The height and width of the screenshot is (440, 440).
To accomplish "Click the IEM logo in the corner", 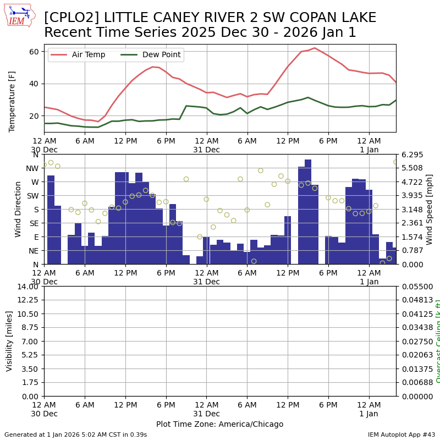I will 19,15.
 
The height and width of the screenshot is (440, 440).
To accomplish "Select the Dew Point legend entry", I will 157,55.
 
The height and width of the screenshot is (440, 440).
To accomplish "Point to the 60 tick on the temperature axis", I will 34,52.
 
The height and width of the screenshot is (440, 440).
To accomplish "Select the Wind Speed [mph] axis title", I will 430,209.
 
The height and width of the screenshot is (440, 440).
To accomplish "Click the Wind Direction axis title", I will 18,209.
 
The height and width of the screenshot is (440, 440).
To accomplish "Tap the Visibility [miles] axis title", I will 9,341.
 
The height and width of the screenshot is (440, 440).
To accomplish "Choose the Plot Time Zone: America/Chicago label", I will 219,424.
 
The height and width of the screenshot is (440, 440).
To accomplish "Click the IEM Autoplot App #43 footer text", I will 402,435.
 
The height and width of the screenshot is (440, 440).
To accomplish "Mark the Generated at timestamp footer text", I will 75,435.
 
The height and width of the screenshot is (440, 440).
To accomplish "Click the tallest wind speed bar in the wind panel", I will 308,212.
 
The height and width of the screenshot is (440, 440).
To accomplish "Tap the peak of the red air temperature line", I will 315,48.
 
